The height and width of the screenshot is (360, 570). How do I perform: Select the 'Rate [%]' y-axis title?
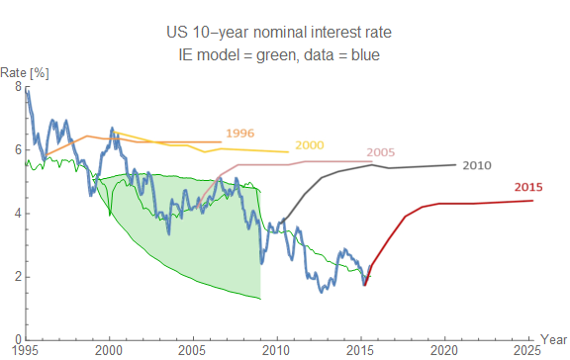[21, 72]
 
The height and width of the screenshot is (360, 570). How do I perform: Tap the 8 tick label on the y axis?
[17, 87]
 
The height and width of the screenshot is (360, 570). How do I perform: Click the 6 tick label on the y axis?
[17, 150]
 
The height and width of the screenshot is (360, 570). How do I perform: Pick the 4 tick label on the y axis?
[17, 214]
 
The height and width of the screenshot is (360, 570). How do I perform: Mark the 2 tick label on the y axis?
[17, 277]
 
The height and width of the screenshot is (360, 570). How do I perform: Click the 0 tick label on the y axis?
[17, 339]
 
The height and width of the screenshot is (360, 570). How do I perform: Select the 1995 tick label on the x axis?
[26, 350]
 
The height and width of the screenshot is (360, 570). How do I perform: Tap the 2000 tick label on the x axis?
[110, 350]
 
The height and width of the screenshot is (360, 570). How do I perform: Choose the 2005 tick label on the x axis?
[194, 350]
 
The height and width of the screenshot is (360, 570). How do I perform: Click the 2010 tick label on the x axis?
[278, 350]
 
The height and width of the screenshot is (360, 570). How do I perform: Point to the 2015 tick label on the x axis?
[362, 350]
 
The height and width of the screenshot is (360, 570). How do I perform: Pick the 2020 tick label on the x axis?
[446, 350]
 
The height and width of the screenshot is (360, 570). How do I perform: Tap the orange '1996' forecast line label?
[240, 132]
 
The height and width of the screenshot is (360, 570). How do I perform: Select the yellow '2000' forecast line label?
[311, 145]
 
